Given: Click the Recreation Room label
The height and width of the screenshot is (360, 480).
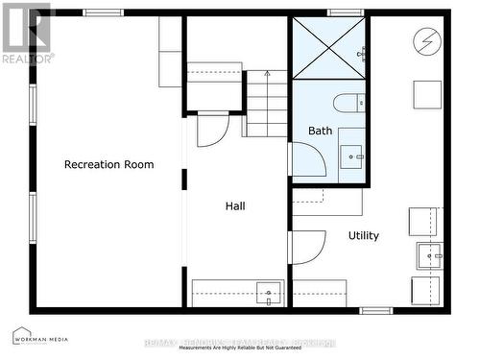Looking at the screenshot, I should [108, 164].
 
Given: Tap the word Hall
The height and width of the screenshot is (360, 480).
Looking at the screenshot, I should [235, 205].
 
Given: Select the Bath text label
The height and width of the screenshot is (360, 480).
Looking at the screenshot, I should [320, 131].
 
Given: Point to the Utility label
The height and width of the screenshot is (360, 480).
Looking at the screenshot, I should [363, 235].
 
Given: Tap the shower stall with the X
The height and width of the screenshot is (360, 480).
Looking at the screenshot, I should [328, 47].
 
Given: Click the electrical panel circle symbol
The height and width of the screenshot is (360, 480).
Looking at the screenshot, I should [425, 41].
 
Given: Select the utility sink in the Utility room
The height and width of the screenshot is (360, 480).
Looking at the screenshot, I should [428, 256].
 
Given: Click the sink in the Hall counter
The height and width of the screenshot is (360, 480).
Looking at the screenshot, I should [268, 292].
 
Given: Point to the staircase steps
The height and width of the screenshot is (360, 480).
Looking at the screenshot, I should [266, 104].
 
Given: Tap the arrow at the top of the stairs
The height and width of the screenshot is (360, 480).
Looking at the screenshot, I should [268, 73].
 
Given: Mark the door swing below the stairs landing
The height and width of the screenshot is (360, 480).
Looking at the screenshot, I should [212, 130].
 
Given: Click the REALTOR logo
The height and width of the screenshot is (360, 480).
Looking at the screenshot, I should [25, 34].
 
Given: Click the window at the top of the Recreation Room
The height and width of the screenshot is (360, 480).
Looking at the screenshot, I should [103, 12].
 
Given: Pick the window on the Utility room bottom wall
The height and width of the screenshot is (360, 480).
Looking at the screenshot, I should [375, 310].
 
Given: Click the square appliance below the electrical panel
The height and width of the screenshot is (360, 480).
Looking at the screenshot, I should [427, 94].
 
